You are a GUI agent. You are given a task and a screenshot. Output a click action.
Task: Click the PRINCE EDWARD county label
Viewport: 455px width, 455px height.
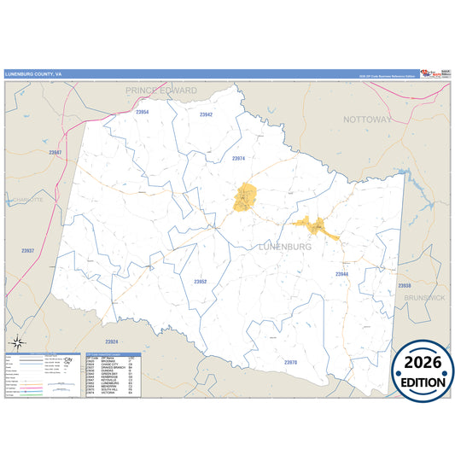click(161, 90)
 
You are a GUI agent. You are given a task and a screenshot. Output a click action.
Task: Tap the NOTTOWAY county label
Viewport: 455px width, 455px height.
click(367, 120)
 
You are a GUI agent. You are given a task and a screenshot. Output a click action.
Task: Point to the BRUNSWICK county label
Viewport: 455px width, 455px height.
click(424, 297)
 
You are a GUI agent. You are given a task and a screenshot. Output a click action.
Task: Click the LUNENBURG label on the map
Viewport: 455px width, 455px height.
click(284, 247)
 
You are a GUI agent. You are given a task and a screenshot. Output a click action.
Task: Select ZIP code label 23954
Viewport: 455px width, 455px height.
click(142, 112)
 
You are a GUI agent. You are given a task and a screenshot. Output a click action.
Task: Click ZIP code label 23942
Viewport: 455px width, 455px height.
click(206, 114)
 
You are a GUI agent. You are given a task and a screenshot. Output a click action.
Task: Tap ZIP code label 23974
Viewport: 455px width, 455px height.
click(238, 158)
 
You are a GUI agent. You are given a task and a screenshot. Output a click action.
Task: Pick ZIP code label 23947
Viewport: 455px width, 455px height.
click(55, 152)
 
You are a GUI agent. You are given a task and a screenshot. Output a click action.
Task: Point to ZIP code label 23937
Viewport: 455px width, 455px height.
click(27, 250)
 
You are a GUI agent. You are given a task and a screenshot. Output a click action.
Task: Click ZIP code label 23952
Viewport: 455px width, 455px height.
click(200, 281)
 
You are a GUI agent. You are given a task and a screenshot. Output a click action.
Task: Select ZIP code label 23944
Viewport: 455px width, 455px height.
click(341, 274)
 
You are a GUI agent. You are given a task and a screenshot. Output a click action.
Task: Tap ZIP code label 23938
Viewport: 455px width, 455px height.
click(405, 285)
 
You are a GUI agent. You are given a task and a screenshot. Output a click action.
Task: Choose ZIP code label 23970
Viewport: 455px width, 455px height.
click(290, 362)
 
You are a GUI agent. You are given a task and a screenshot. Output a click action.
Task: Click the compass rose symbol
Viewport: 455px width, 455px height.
click(17, 343)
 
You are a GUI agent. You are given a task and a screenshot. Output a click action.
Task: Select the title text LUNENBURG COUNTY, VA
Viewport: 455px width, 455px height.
click(33, 74)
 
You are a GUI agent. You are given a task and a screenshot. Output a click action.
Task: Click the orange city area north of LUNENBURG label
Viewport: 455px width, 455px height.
click(246, 197)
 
